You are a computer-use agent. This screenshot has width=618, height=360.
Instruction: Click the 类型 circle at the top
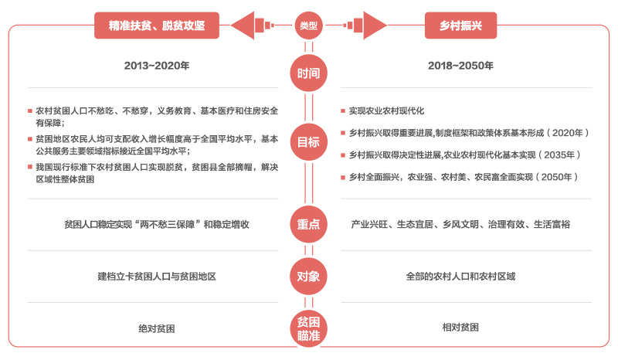click(x=308, y=25)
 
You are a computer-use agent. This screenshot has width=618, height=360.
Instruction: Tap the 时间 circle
click(x=308, y=73)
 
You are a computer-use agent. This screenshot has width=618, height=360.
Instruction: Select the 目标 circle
click(x=308, y=142)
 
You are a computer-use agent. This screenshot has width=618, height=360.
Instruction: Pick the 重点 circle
click(x=308, y=224)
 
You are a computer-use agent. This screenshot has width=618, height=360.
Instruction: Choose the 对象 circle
click(x=308, y=277)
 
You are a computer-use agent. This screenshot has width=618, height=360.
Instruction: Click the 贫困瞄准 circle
click(x=308, y=329)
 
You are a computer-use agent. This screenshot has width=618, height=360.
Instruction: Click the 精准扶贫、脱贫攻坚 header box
click(x=157, y=25)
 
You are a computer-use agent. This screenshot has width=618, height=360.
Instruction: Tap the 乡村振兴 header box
click(x=460, y=25)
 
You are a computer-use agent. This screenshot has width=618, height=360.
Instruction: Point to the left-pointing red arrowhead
click(x=243, y=25)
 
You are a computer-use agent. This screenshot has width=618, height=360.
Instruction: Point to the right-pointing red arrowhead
click(x=375, y=25)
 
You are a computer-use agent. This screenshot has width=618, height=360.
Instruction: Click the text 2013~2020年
click(x=157, y=66)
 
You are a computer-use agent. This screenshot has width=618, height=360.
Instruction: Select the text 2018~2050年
click(x=460, y=66)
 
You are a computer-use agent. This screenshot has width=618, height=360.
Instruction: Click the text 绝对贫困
click(x=157, y=328)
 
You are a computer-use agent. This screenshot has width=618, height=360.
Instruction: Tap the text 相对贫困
click(x=460, y=328)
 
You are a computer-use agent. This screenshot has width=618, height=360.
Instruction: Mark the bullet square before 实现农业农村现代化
click(x=343, y=110)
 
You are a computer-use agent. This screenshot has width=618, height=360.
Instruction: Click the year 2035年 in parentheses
click(x=559, y=155)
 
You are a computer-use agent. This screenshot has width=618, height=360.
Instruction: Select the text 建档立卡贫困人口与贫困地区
click(x=157, y=277)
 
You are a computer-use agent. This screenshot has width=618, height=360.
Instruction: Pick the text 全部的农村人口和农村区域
click(x=460, y=277)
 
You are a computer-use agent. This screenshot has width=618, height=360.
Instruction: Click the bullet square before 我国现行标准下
click(x=30, y=167)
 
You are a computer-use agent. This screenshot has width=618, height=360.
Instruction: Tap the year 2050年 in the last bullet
click(x=556, y=177)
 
